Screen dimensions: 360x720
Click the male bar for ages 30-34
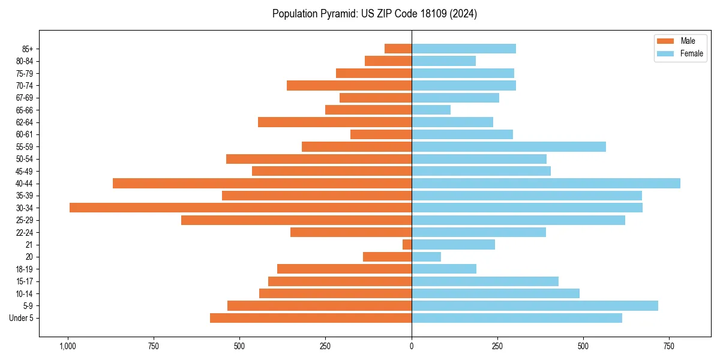pos(240,208)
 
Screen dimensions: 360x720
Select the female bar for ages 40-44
pos(546,183)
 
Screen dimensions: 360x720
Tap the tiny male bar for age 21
pos(407,244)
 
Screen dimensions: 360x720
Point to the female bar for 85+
pos(463,49)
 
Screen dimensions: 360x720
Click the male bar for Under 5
pos(311,318)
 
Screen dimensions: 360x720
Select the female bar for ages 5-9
pos(535,305)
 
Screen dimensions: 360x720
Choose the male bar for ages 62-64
pos(335,122)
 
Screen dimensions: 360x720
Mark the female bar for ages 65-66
pos(431,110)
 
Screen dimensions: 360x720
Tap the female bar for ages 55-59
pos(509,146)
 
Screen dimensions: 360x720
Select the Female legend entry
pos(680,53)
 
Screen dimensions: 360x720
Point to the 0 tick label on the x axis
pos(412,346)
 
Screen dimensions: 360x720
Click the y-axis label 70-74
pos(25,85)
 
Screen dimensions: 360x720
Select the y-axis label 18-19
pos(25,269)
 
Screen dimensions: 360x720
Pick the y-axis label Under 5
pos(21,318)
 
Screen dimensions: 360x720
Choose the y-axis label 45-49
pos(25,171)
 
